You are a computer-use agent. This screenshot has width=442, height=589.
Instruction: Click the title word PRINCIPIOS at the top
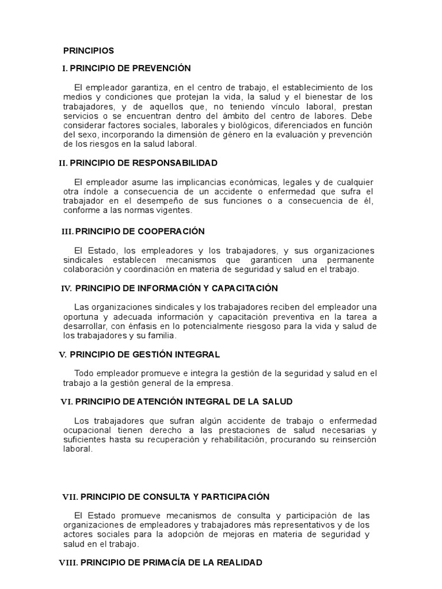click(89, 51)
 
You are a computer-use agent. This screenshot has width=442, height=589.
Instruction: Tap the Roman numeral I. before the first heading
click(65, 68)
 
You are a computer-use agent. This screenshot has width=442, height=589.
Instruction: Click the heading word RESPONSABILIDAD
click(175, 163)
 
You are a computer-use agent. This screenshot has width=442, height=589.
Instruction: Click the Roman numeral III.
click(68, 231)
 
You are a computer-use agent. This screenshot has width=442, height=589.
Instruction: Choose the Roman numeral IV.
click(66, 288)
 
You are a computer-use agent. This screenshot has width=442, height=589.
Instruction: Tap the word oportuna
click(79, 316)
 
